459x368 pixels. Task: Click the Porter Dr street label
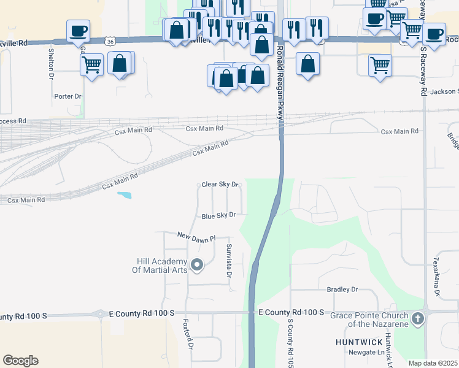pos(67,96)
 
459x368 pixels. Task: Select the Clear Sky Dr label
pos(220,185)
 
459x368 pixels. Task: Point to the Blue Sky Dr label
pos(219,216)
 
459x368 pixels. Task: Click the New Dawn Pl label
pos(197,236)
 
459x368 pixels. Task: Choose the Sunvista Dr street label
pos(229,261)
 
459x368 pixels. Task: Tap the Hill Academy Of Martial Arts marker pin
pos(197,266)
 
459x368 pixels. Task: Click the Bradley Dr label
pos(342,289)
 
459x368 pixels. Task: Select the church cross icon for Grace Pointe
pos(418,319)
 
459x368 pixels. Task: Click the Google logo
pos(20,361)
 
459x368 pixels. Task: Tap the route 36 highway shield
pos(110,41)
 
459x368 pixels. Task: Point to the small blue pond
pos(123,196)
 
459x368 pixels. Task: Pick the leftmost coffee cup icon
pos(78,31)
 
